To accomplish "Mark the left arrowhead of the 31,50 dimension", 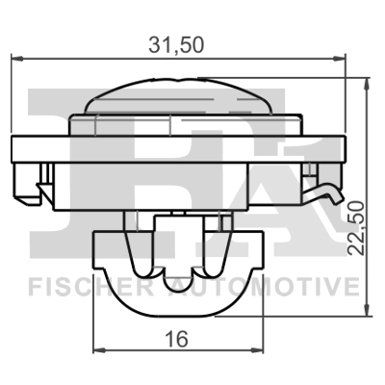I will (x=15, y=62).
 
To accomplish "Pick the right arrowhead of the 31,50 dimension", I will (x=343, y=62).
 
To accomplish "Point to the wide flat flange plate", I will (x=177, y=148).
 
